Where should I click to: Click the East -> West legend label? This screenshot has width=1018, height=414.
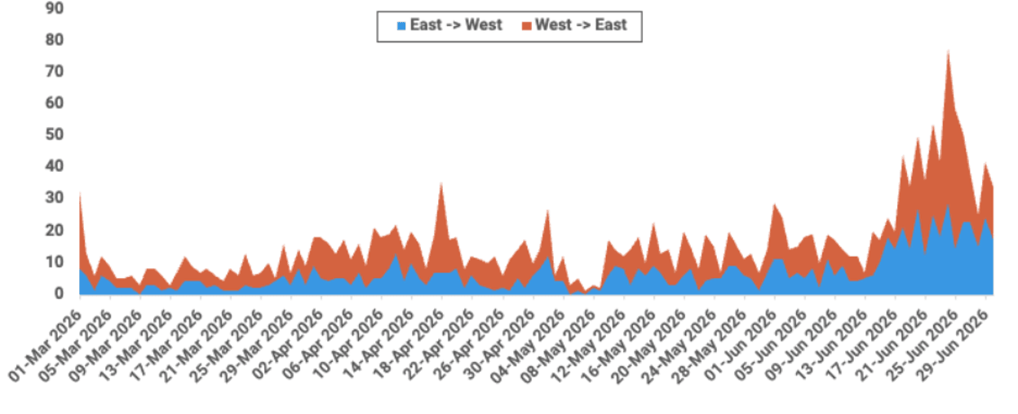point(456,25)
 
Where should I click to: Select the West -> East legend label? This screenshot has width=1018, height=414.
point(581,25)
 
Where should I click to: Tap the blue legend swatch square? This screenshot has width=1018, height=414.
point(401,26)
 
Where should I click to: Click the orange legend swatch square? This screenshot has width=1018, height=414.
point(527,26)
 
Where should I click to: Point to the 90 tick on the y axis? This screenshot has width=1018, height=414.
point(55,8)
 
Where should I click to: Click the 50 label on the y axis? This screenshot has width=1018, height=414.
point(55,134)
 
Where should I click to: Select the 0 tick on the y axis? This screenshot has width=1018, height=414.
point(59,293)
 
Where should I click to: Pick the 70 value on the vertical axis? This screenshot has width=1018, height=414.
point(55,71)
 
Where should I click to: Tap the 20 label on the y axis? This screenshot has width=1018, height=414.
point(55,230)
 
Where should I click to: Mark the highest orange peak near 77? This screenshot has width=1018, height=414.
point(948,51)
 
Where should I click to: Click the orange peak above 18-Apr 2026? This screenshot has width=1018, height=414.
point(441,183)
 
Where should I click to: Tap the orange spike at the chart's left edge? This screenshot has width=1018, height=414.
point(80,193)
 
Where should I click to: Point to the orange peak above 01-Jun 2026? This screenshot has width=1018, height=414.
point(775,205)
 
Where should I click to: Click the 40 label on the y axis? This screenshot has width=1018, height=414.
point(55,166)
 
